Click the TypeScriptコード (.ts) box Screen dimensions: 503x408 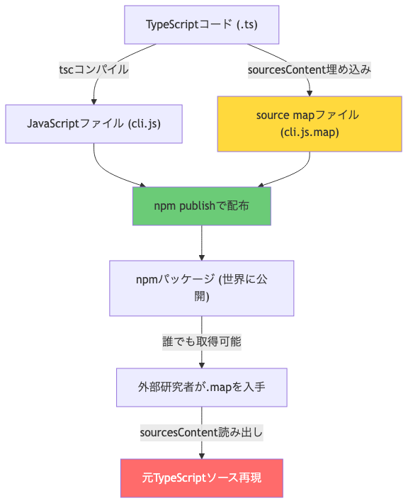(x=201, y=24)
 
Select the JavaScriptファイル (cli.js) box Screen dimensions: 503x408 (x=93, y=124)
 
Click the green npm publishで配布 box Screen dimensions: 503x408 (x=201, y=206)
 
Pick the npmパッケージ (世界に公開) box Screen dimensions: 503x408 (x=201, y=288)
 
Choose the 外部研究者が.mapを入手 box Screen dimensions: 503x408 (x=201, y=388)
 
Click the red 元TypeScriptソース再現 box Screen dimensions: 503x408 (x=201, y=478)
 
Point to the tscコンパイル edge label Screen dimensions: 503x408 (x=93, y=70)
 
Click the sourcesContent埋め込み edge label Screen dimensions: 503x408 (x=309, y=70)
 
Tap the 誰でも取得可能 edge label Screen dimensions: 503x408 (x=201, y=341)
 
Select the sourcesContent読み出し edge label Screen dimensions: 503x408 (x=201, y=432)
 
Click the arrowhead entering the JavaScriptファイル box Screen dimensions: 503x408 (x=93, y=101)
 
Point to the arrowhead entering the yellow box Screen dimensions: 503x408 (x=309, y=92)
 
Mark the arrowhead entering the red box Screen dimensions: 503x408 (x=201, y=456)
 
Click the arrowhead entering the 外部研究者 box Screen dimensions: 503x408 (x=201, y=364)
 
